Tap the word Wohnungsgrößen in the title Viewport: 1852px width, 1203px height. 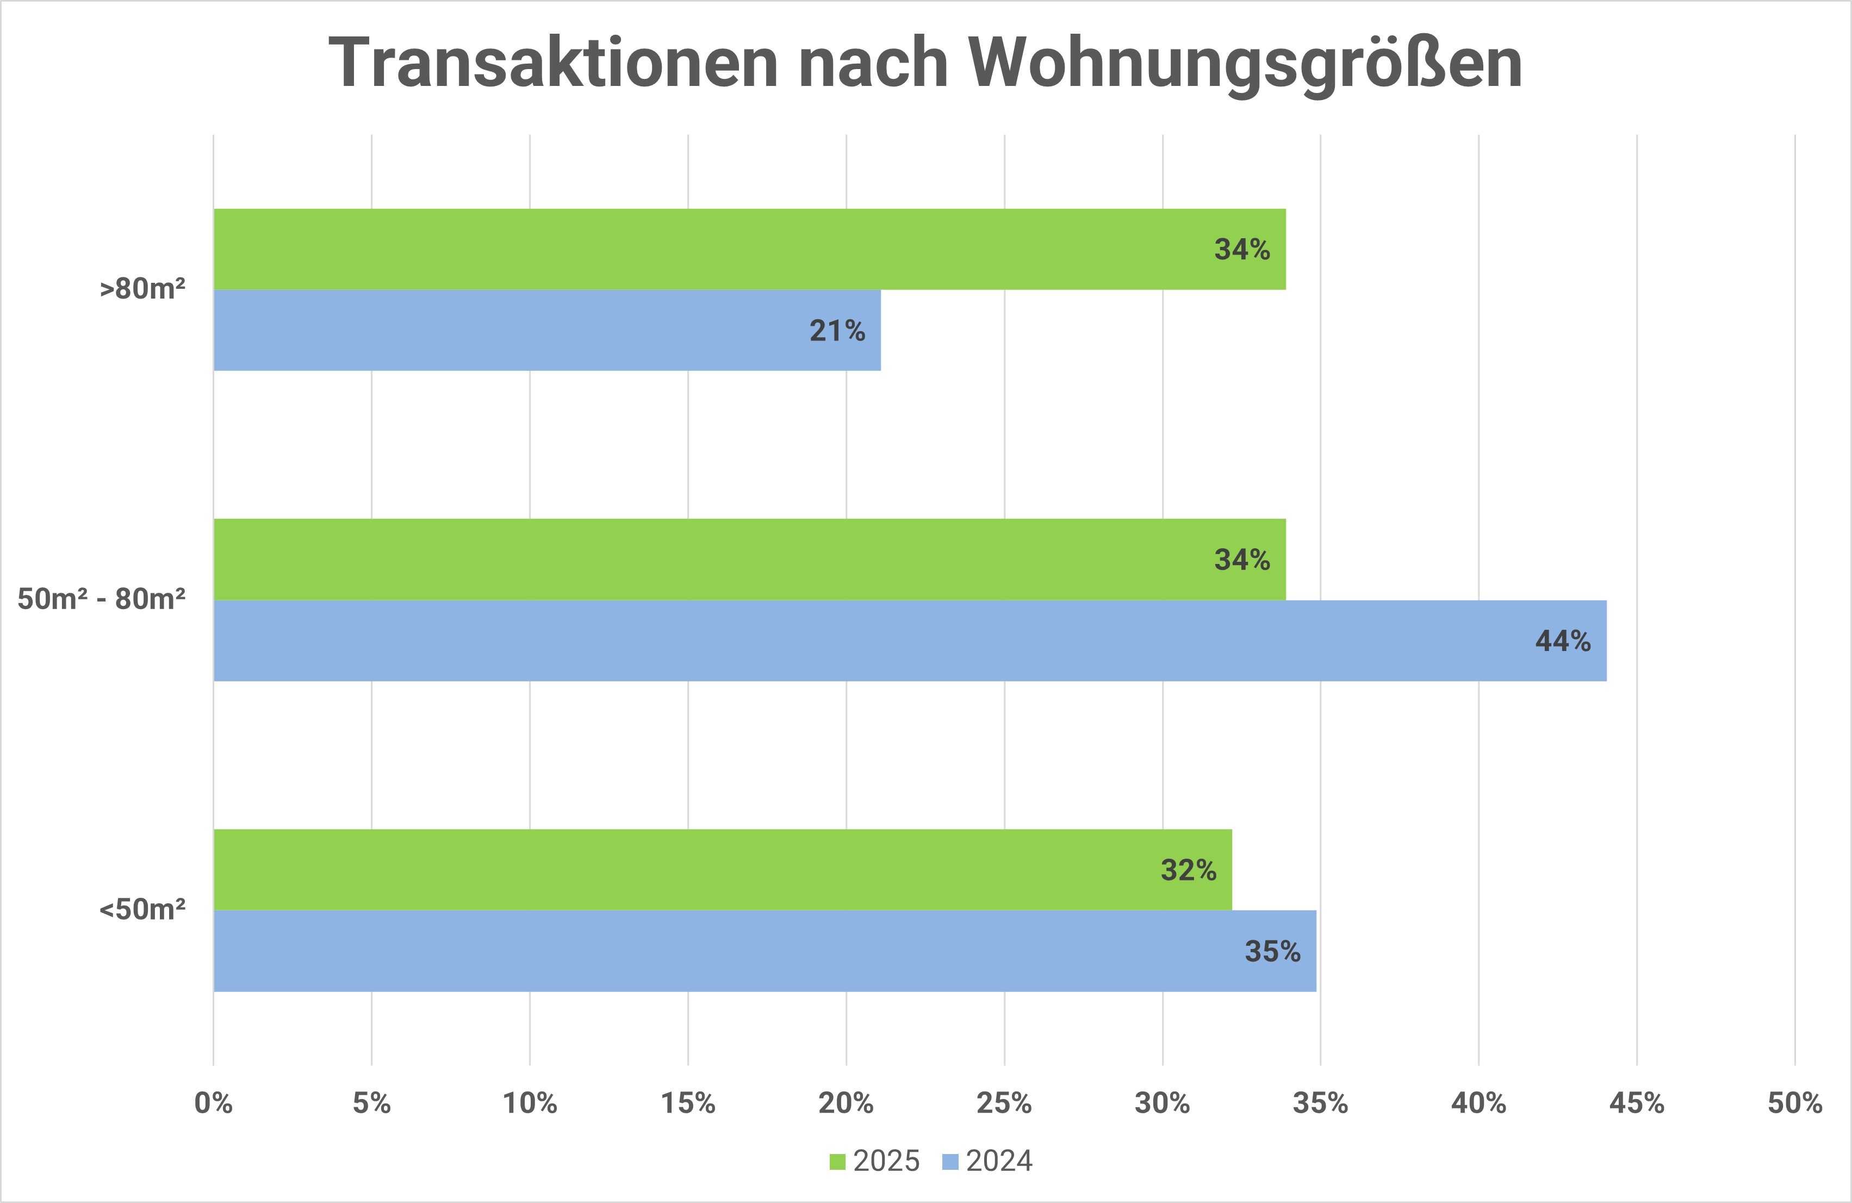(1245, 64)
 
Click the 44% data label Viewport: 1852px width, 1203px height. (1563, 641)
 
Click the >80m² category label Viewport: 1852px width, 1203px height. (142, 289)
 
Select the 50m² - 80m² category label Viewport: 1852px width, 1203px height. (101, 599)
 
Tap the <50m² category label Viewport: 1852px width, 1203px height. (142, 909)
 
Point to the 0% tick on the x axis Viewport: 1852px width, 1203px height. (213, 1102)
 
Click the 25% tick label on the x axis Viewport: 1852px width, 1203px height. (1004, 1102)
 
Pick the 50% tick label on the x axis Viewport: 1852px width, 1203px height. (1794, 1102)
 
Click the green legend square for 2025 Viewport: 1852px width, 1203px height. (837, 1162)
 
